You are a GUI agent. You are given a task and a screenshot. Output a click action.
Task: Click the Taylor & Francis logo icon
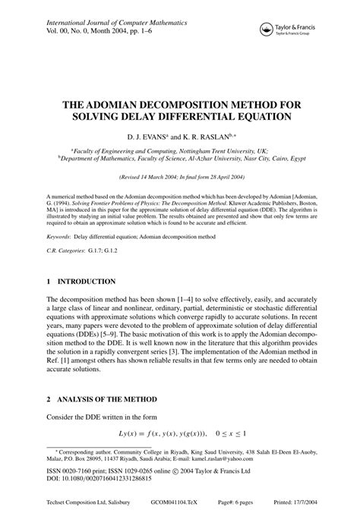point(266,29)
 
